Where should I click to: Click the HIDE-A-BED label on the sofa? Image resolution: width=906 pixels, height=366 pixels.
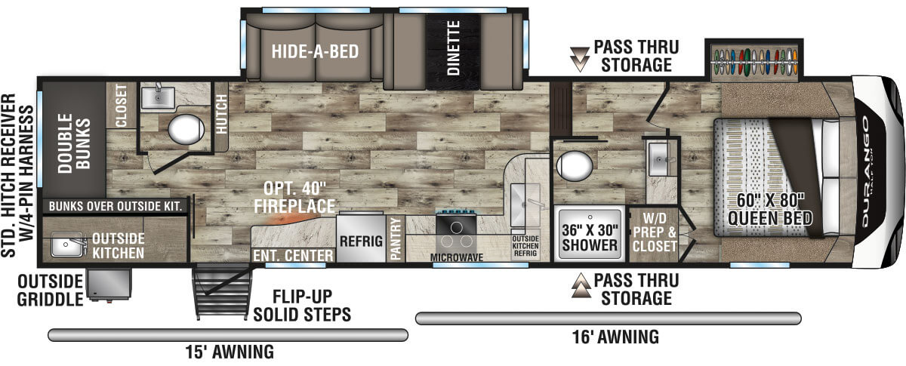(315, 51)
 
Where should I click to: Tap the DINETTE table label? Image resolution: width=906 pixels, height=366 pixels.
(454, 48)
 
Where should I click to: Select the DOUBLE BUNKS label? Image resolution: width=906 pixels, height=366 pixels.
(74, 143)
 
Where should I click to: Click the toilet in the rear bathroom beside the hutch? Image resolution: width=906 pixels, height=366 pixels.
(186, 129)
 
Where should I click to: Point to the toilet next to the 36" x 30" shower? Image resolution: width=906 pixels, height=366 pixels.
(575, 166)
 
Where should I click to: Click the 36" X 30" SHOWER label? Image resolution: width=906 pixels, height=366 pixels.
(590, 238)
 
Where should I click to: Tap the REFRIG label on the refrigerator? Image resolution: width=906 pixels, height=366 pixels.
(361, 241)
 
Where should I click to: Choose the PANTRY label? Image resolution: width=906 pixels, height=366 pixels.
(395, 238)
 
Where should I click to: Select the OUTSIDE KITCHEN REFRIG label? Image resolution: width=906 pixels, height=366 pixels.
(525, 246)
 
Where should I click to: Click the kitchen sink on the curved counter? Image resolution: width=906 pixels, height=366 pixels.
(525, 205)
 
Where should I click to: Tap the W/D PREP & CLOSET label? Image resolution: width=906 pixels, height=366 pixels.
(655, 232)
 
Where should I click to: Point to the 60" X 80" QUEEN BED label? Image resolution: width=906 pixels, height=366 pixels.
(770, 209)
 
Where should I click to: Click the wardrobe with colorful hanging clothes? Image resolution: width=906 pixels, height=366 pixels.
(754, 61)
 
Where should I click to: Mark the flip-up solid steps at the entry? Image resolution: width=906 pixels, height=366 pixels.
(222, 291)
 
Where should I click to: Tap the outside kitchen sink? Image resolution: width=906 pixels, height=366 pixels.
(67, 245)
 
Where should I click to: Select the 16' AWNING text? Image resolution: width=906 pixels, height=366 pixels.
(615, 337)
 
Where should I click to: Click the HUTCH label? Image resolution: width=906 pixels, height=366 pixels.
(221, 114)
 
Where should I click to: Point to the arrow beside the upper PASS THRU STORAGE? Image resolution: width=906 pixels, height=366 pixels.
(580, 59)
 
